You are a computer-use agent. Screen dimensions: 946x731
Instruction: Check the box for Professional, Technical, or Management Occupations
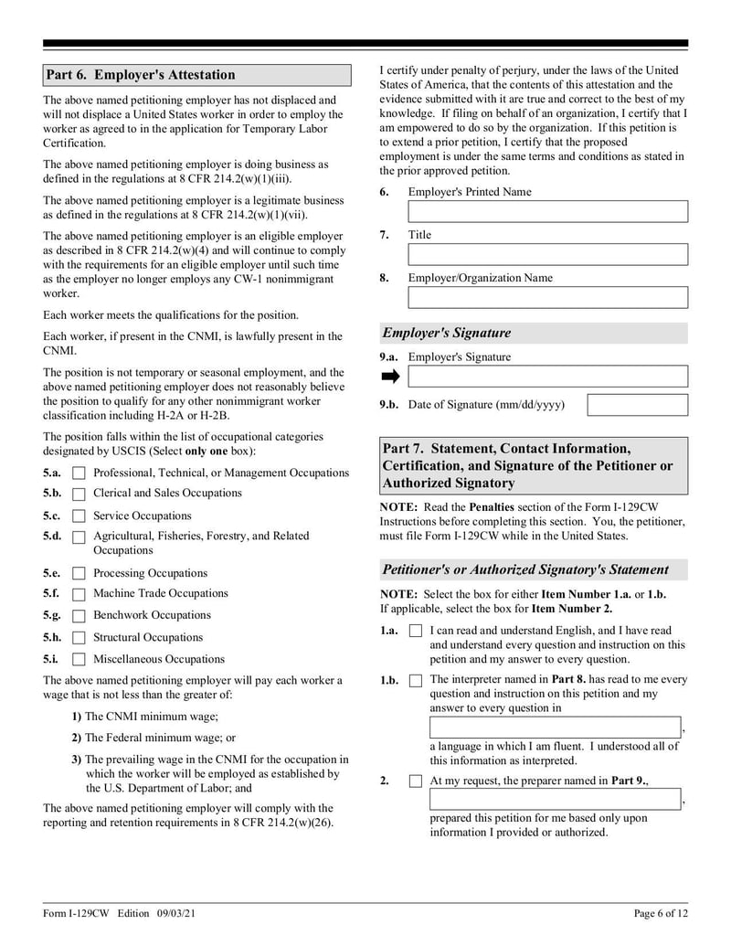tap(79, 473)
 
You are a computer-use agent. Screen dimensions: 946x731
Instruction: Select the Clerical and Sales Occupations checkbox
tap(79, 494)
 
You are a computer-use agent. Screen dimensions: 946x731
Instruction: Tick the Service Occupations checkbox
tap(79, 516)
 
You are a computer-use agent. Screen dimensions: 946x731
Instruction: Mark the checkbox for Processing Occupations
tap(79, 574)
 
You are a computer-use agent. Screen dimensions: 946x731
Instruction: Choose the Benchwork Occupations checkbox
tap(79, 616)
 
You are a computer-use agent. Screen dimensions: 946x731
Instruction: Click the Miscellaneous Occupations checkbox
tap(79, 659)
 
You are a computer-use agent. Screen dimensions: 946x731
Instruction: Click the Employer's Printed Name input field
tap(547, 212)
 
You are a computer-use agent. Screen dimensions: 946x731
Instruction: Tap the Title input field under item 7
tap(547, 255)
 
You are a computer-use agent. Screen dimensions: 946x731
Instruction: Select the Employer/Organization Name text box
tap(547, 298)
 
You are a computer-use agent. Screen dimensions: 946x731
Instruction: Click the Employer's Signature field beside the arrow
tap(547, 377)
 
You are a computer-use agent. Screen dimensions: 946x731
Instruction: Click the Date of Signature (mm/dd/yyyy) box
tap(637, 405)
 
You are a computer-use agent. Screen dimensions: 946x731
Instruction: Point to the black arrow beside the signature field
tap(390, 377)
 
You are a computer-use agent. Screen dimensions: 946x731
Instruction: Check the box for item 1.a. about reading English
tap(416, 632)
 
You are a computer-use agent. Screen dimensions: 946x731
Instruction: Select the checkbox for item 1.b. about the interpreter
tap(416, 681)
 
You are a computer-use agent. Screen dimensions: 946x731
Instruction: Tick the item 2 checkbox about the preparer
tap(416, 781)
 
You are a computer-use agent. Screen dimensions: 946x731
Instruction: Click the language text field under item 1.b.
tap(555, 728)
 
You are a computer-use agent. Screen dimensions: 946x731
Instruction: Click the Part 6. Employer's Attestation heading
tap(141, 75)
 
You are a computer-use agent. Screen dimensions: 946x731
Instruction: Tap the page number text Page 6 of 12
tap(661, 913)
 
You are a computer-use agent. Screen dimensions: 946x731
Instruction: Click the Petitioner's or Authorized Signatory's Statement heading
tap(525, 569)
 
